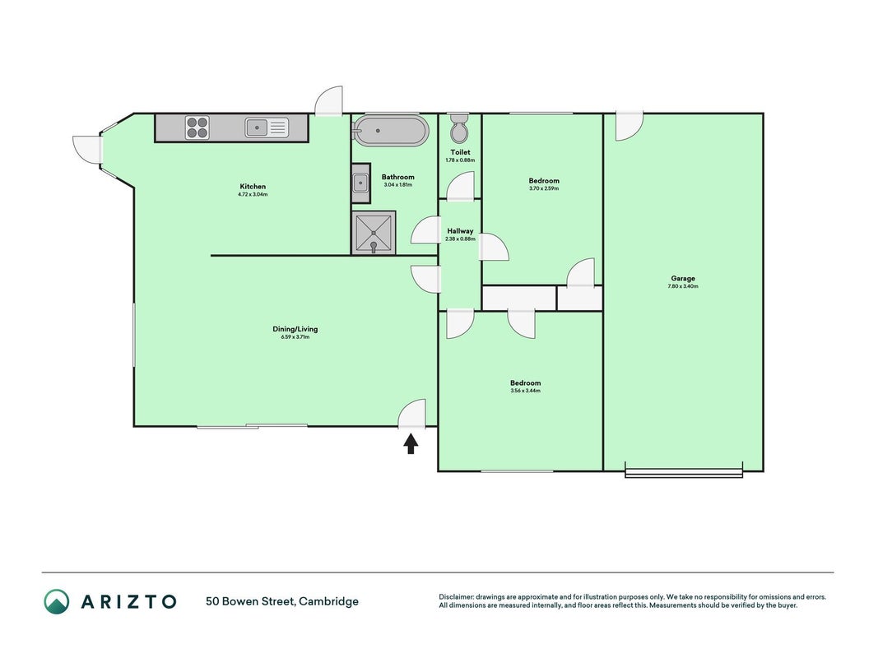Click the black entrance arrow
(411, 444)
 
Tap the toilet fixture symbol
(460, 128)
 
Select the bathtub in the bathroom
(390, 131)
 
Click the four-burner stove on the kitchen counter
(197, 127)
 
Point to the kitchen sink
(267, 127)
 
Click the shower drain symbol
(374, 245)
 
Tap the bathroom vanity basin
(360, 183)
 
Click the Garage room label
(683, 278)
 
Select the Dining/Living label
(295, 329)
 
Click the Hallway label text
(460, 231)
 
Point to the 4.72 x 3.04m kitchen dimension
(253, 195)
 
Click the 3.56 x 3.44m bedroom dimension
(525, 391)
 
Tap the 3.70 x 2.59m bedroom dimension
(544, 188)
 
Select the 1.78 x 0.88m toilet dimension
(460, 160)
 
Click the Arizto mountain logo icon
(57, 601)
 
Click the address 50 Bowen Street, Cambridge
(282, 601)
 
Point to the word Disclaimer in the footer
(457, 597)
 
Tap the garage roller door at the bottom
(684, 473)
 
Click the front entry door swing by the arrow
(412, 414)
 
